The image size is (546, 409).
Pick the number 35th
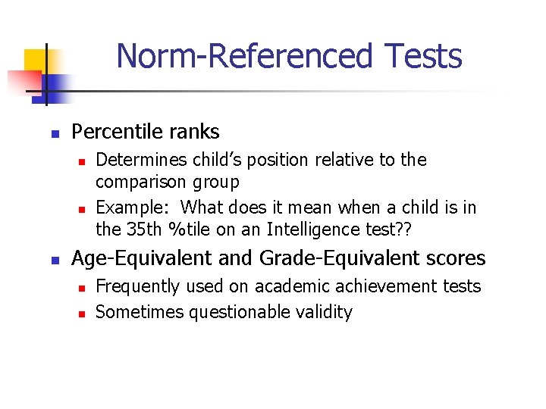[142, 229]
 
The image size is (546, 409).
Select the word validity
[325, 312]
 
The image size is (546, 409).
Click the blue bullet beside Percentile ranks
[55, 133]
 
